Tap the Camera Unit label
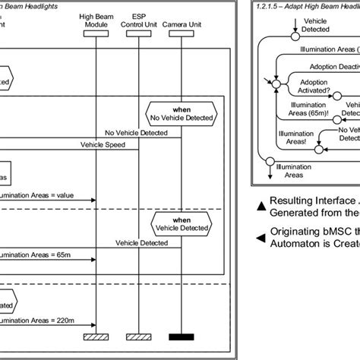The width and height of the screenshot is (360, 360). (x=182, y=16)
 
